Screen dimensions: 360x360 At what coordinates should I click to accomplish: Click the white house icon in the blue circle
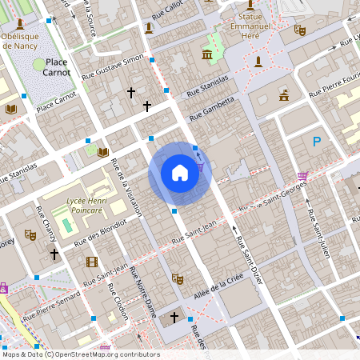(179, 172)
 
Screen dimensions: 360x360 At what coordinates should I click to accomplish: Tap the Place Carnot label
(57, 66)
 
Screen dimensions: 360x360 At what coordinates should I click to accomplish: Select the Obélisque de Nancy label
(25, 41)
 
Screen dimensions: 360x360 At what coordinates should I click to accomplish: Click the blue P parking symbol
(317, 142)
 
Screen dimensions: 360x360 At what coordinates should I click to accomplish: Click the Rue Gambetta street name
(213, 106)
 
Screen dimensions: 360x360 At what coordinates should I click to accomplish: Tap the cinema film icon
(91, 262)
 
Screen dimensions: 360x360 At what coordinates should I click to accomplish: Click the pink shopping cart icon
(302, 176)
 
